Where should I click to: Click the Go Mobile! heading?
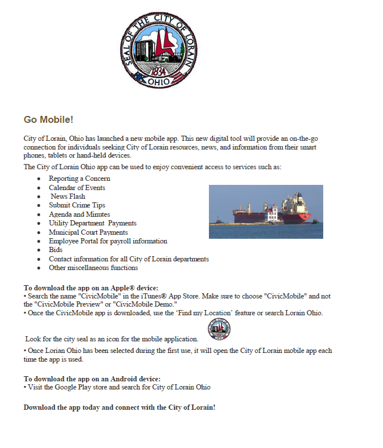point(48,120)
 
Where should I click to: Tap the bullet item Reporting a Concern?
point(80,179)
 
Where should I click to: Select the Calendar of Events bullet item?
point(77,188)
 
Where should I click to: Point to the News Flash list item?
point(68,196)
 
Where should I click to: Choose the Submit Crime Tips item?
point(77,205)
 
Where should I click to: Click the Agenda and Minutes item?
point(80,214)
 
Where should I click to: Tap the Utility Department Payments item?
point(93,223)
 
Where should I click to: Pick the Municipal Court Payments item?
point(88,232)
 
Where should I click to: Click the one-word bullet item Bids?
point(55,250)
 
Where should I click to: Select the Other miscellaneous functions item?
point(93,268)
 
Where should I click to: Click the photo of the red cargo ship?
point(266,212)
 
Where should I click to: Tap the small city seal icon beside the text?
point(219,330)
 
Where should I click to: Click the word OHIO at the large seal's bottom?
point(159,82)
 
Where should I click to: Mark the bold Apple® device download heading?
point(91,288)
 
